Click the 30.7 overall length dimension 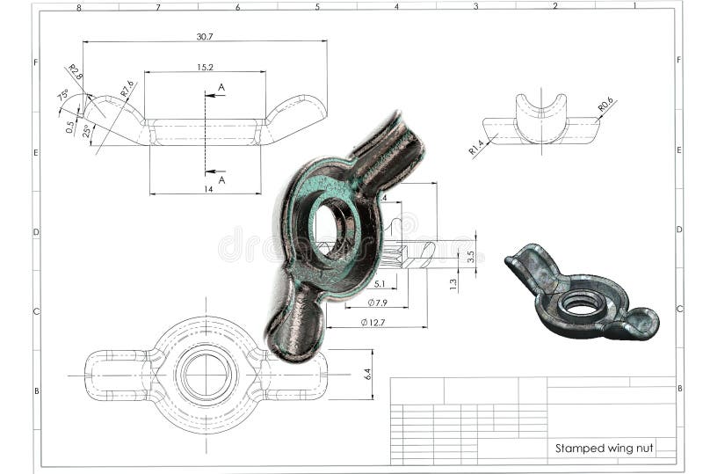(205, 37)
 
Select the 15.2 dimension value (205, 67)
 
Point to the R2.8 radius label (75, 72)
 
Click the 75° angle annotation (63, 96)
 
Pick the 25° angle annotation (86, 131)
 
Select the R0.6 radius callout (605, 106)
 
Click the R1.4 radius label (476, 147)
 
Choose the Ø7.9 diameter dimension (377, 303)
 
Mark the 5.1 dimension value (380, 284)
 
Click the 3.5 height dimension (471, 257)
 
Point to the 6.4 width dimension (366, 375)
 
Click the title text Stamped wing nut (604, 448)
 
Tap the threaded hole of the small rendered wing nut (582, 303)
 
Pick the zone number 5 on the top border (317, 6)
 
